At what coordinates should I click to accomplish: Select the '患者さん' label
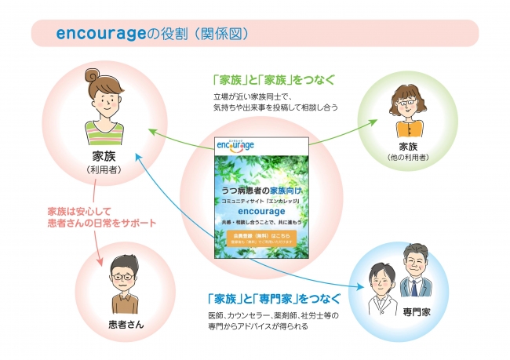pyautogui.click(x=119, y=323)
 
